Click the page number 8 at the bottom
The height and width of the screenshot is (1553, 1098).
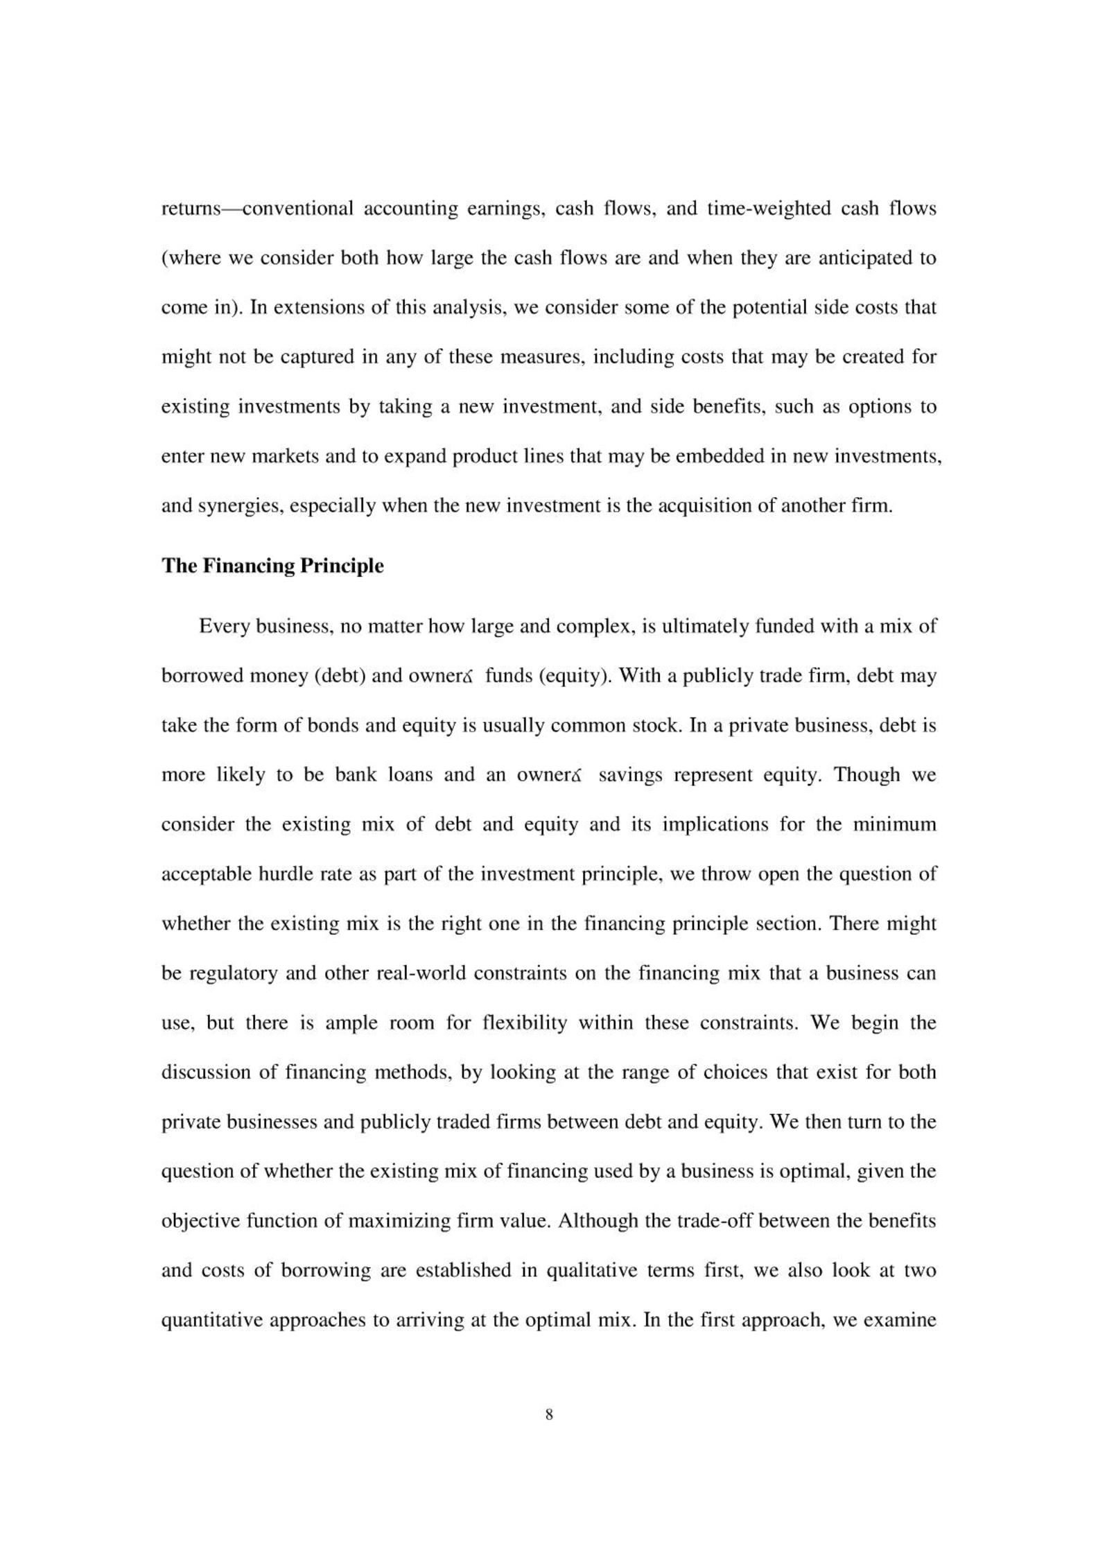click(x=549, y=1415)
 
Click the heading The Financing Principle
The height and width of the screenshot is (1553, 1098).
click(x=272, y=566)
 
